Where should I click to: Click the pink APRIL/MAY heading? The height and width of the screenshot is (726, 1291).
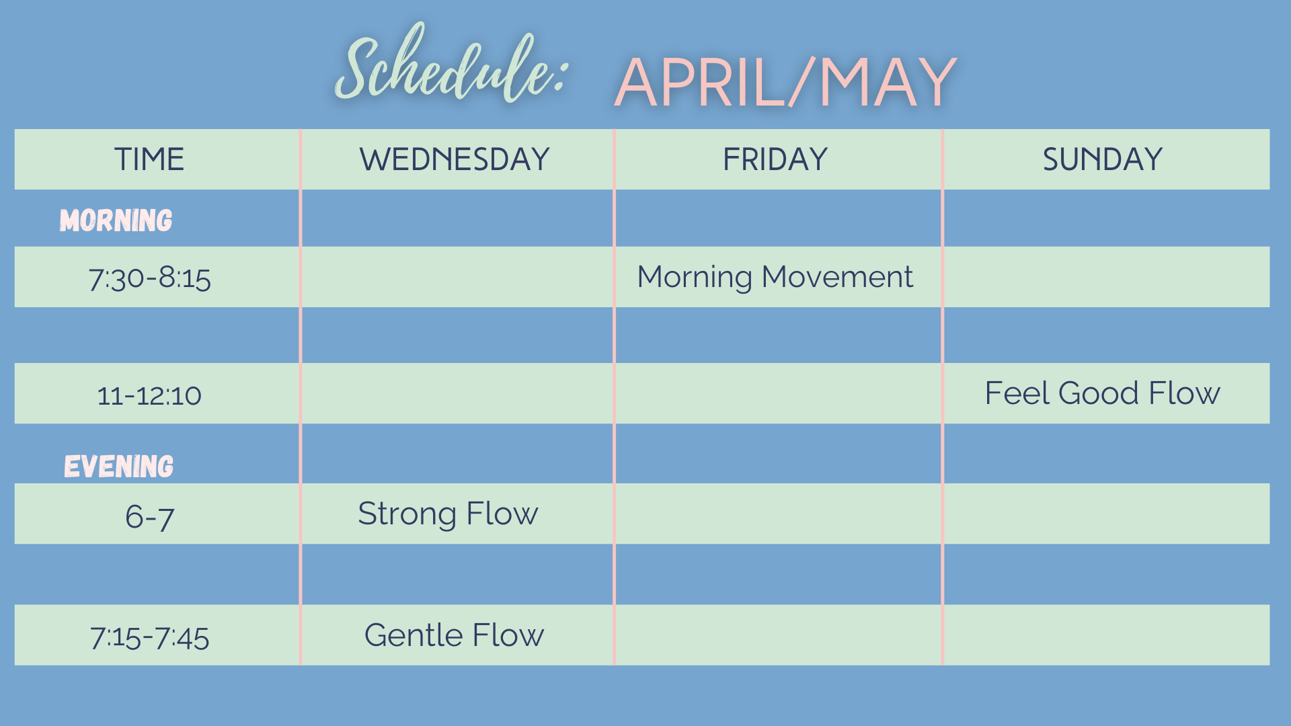[x=785, y=82]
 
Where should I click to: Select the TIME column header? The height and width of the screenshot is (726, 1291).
[x=149, y=159]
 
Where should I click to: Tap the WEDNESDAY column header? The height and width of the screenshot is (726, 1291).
[x=455, y=159]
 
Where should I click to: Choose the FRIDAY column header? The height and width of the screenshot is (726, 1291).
[x=775, y=159]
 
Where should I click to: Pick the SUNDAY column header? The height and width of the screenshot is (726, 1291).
[x=1103, y=159]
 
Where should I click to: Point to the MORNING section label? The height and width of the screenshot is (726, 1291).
[x=116, y=220]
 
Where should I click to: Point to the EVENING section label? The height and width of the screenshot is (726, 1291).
[x=118, y=466]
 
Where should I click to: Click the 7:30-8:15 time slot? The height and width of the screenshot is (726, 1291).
[x=150, y=278]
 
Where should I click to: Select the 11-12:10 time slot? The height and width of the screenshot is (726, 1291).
[x=149, y=395]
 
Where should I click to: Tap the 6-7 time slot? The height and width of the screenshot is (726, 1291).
[x=150, y=517]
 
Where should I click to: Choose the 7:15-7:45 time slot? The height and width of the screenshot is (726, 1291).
[x=150, y=637]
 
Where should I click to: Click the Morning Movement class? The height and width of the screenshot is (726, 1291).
[x=775, y=277]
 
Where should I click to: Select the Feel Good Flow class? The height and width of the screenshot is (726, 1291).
[x=1103, y=393]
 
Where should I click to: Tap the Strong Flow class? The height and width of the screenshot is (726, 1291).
[x=448, y=514]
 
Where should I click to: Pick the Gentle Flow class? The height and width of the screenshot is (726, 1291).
[x=454, y=635]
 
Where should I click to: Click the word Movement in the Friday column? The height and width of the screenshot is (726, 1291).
[x=837, y=276]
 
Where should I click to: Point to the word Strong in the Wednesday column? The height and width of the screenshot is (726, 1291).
[x=407, y=515]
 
